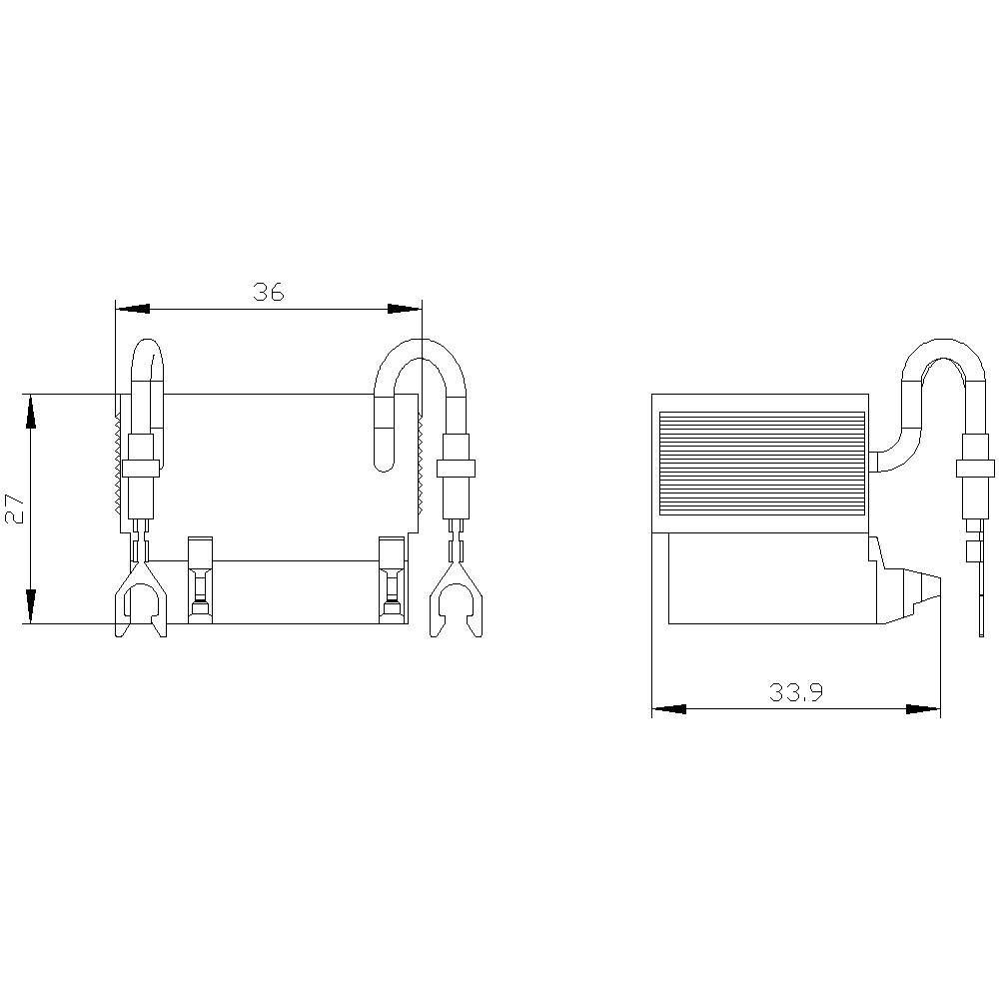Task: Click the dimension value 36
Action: [x=269, y=292]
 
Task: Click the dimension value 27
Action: [x=14, y=508]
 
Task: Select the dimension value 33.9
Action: [x=796, y=692]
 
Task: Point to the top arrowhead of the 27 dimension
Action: [x=31, y=411]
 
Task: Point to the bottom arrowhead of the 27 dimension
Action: [x=31, y=606]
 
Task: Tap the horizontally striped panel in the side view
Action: [x=761, y=462]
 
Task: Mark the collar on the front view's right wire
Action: [x=457, y=468]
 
